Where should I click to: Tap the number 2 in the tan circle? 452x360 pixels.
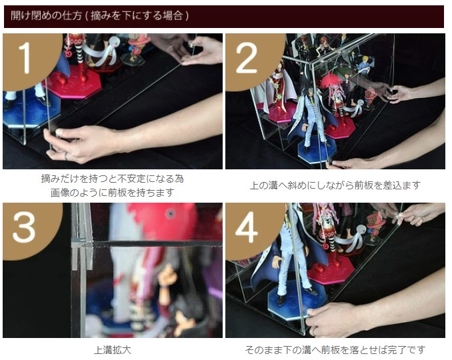point(247,59)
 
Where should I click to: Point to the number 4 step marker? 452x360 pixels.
point(247,228)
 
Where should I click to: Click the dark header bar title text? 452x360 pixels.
point(100,15)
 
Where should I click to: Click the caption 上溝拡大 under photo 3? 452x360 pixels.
point(113,350)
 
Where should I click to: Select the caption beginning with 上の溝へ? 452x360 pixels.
point(335,185)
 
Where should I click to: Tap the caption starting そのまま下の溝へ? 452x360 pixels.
point(335,350)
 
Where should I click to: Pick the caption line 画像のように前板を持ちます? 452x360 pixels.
point(113,192)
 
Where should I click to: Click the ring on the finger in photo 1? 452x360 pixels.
point(66,156)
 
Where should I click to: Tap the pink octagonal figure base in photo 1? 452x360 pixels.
point(74,82)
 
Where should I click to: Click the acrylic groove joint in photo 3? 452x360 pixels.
point(83,243)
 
